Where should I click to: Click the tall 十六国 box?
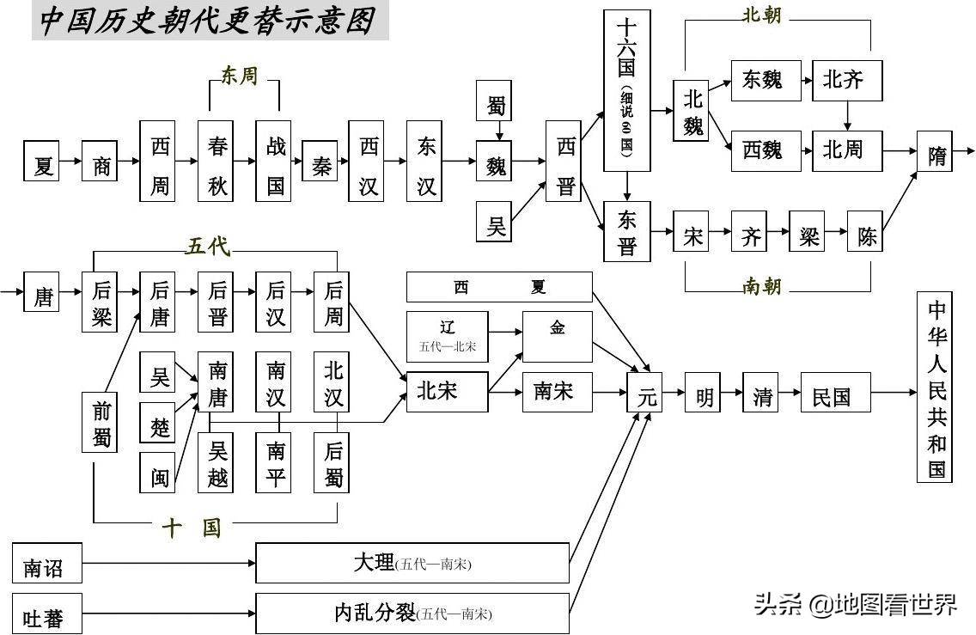(626, 90)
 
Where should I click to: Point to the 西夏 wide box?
(499, 287)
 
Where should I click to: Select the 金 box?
(558, 336)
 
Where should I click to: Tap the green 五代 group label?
(208, 247)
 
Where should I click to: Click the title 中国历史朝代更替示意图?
(210, 21)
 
